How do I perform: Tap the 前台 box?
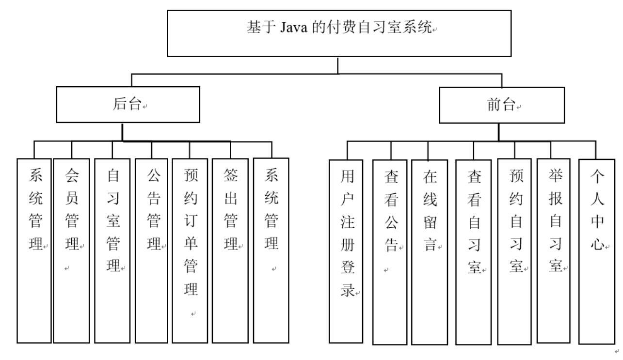tap(501, 105)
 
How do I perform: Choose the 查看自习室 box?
tap(473, 251)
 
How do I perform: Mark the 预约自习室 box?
tap(514, 251)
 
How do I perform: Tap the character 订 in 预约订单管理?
tap(190, 221)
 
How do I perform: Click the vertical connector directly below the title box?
tap(338, 65)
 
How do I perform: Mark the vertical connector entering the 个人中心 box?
tap(596, 150)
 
